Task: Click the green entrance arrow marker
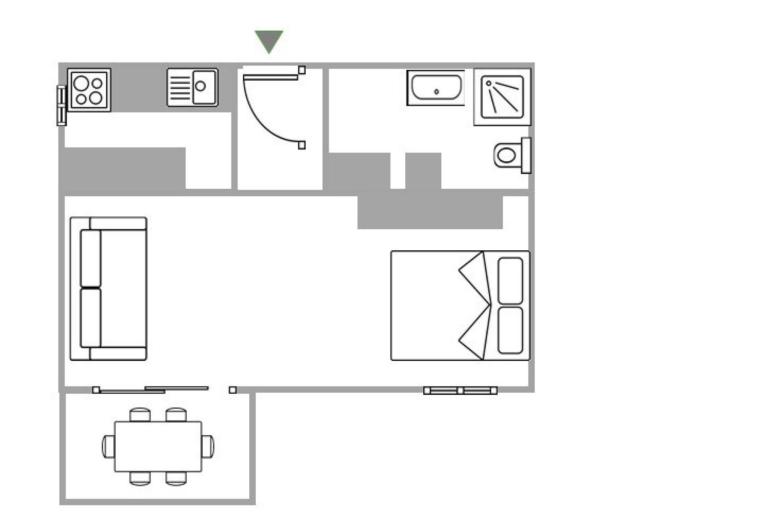coord(269,40)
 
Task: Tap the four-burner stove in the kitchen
coord(89,90)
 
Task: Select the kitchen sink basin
coord(204,87)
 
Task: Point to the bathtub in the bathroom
coord(436,87)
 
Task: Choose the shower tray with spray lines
coord(502,97)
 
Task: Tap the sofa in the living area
coord(108,289)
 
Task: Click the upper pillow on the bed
coord(510,280)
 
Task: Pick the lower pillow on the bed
coord(510,330)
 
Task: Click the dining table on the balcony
coord(158,446)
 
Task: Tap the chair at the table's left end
coord(108,446)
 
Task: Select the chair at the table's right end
coord(207,446)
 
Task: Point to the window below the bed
coord(460,390)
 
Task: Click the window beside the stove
coord(61,106)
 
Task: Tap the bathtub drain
coord(436,92)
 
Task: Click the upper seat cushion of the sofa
coord(91,259)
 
